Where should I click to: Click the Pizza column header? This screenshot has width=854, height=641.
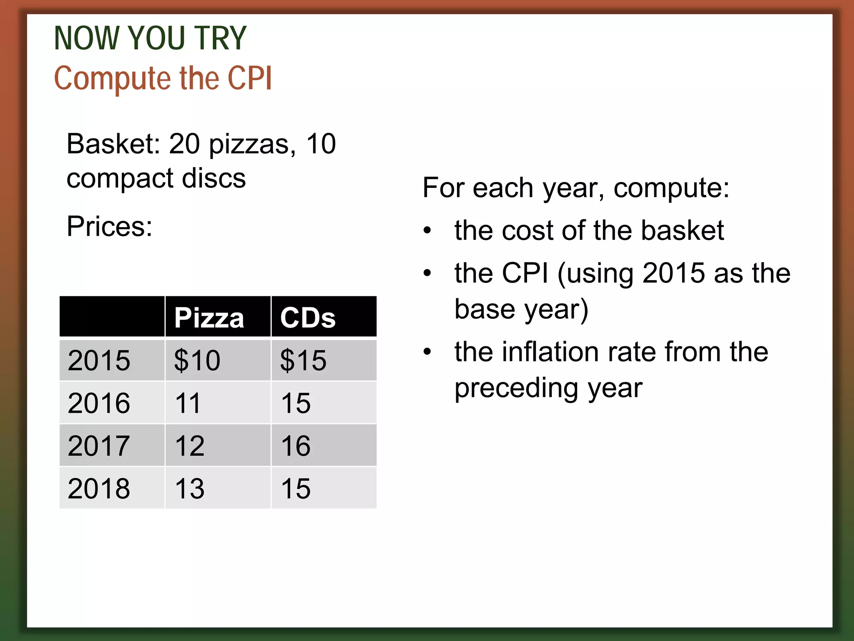click(x=209, y=318)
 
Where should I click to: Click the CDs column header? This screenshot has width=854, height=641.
click(x=308, y=318)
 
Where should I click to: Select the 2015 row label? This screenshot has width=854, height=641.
click(x=99, y=360)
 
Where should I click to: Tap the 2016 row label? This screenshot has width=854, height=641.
click(x=99, y=403)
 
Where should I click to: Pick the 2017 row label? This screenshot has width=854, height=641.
click(x=99, y=446)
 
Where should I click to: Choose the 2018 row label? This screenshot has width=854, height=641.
click(x=99, y=488)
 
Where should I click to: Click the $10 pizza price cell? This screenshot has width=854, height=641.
click(x=197, y=360)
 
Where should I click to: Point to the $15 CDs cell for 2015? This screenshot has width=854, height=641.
click(x=303, y=360)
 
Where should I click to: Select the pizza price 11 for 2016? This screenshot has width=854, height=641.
click(x=188, y=403)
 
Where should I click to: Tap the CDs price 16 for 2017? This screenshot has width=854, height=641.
click(x=296, y=446)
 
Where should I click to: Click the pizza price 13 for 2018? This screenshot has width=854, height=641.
click(x=190, y=488)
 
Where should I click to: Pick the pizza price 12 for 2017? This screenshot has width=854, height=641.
click(x=190, y=446)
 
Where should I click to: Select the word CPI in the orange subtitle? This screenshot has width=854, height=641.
click(x=250, y=78)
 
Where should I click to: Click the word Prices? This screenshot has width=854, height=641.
click(x=110, y=227)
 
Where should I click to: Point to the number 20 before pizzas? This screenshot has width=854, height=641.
click(x=184, y=144)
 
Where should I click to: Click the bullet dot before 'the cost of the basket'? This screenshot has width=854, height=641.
click(x=427, y=230)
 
